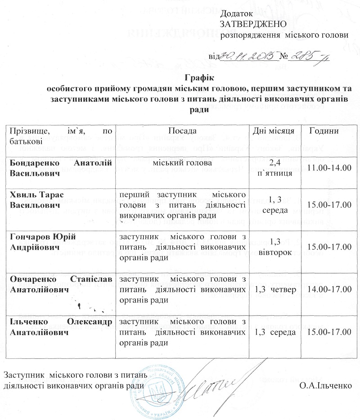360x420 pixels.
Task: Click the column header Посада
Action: click(182, 131)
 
